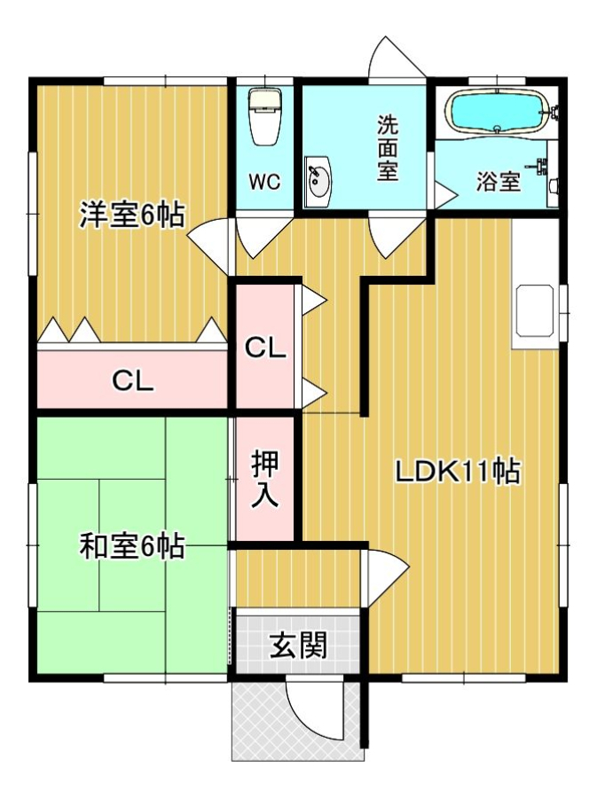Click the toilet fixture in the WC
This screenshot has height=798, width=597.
264,117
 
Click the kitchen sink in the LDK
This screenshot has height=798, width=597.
534,310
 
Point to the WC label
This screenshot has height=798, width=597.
264,182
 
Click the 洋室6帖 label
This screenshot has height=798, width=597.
131,215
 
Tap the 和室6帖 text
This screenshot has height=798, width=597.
131,546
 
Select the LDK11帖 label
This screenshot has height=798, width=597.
458,472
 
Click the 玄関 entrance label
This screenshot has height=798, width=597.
298,645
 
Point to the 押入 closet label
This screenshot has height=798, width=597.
265,479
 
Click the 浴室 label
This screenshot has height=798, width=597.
499,182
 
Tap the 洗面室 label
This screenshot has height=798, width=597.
388,148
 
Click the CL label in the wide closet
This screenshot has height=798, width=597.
132,380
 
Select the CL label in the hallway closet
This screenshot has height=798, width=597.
265,348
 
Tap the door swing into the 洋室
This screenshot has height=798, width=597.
208,243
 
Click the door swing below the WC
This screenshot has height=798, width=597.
263,238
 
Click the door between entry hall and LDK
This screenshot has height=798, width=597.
385,577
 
